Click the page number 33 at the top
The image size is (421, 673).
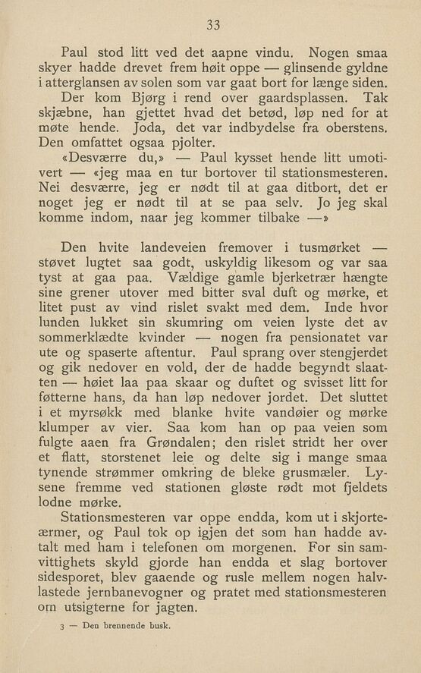pyautogui.click(x=212, y=26)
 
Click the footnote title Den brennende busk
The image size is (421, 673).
pyautogui.click(x=126, y=627)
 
